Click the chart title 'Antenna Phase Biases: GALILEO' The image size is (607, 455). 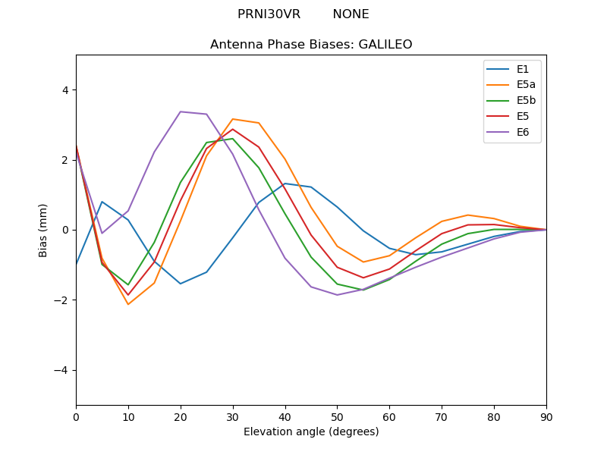(311, 45)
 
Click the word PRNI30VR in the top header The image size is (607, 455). (269, 14)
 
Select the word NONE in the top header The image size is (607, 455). (351, 14)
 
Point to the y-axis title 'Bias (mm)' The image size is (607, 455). (43, 230)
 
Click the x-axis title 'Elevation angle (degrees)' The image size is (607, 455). (311, 432)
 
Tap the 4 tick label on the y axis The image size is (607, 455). (64, 90)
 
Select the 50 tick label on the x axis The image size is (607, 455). (337, 416)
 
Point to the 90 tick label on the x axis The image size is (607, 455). (546, 416)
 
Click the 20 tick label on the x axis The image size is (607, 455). (181, 416)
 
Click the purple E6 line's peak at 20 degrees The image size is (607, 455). (181, 111)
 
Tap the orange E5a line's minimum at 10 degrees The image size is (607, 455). (128, 305)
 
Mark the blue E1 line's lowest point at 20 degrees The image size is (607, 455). (181, 284)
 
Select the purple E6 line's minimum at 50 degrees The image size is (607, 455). (337, 295)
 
